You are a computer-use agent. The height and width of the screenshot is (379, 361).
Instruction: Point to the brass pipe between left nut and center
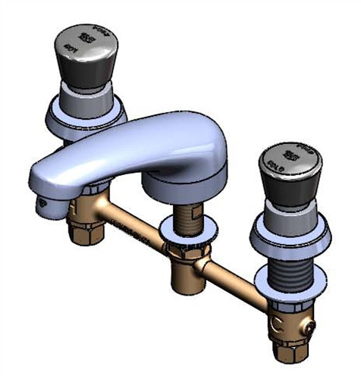(133, 224)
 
